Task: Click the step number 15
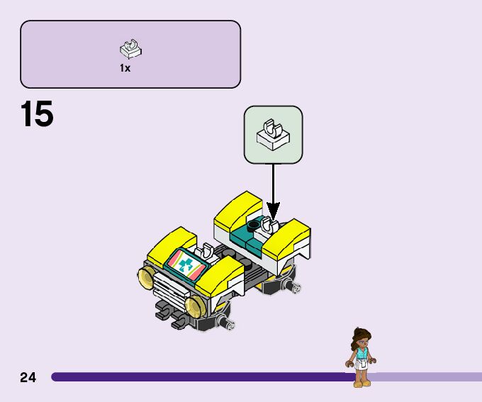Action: point(37,115)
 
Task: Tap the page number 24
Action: point(28,377)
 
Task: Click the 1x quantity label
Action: point(125,69)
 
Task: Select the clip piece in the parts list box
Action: point(130,50)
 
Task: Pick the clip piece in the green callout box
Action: point(273,134)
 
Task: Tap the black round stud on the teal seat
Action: point(252,225)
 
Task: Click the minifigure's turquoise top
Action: point(361,352)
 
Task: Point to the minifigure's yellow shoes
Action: point(361,383)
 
